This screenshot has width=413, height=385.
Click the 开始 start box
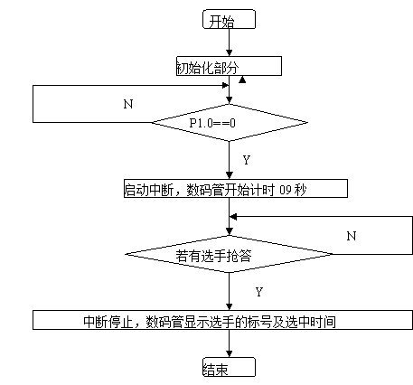[x=229, y=19]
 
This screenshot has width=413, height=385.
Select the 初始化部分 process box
[x=229, y=66]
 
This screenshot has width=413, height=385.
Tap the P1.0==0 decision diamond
[x=230, y=123]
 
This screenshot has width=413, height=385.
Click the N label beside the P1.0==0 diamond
[x=128, y=104]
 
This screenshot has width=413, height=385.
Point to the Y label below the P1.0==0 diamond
[x=247, y=160]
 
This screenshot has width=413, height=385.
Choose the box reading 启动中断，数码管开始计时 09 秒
[x=236, y=189]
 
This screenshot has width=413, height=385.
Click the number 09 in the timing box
[x=285, y=190]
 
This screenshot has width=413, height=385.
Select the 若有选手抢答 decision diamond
[x=229, y=254]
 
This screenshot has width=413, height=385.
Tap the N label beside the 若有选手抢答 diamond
[x=352, y=236]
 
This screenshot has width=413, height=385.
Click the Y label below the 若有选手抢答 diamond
[x=259, y=292]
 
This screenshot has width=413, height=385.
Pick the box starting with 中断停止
[x=222, y=320]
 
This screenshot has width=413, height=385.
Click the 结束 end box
[x=229, y=367]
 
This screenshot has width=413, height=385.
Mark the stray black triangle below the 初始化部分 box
[x=242, y=80]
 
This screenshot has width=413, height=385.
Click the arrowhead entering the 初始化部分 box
[x=230, y=53]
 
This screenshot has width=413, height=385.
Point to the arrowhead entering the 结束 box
[x=230, y=353]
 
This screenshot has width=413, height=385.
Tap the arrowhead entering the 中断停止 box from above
[x=230, y=306]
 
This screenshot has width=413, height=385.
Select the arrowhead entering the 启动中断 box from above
[x=230, y=175]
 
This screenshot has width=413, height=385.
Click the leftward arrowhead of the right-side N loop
[x=233, y=217]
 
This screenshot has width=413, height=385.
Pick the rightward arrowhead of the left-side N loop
[x=225, y=85]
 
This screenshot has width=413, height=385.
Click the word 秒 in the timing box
[x=300, y=190]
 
